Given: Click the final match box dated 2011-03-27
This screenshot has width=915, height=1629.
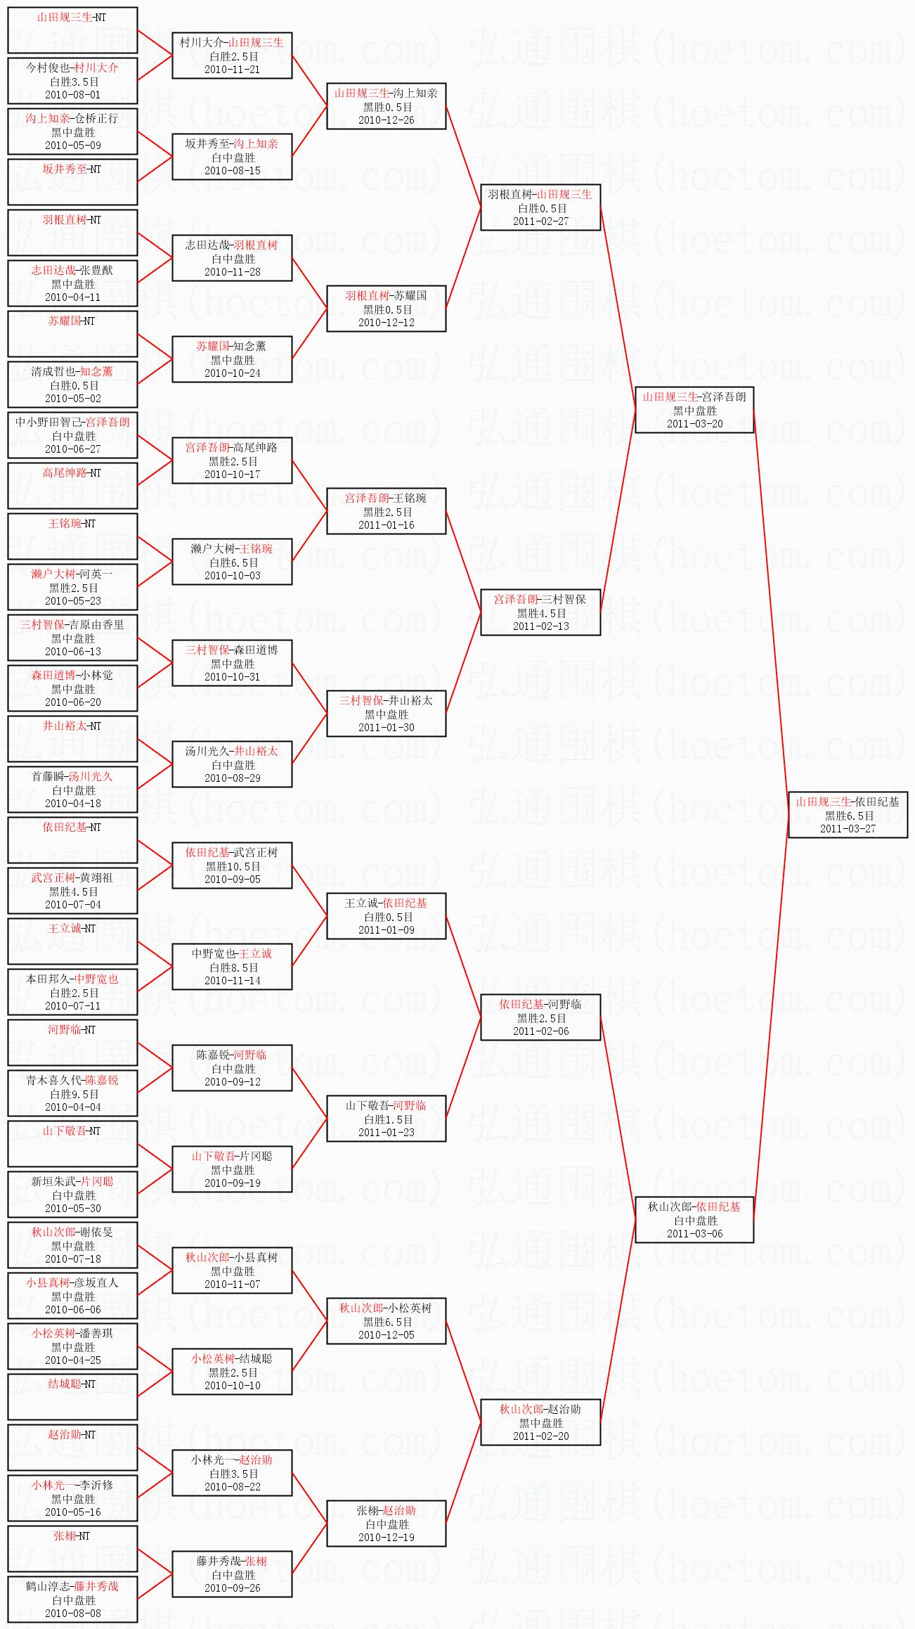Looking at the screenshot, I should click(x=848, y=815).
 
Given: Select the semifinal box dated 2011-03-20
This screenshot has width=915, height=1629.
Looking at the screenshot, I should click(x=694, y=410).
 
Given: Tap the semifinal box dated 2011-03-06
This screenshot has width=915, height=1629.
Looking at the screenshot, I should click(x=694, y=1220).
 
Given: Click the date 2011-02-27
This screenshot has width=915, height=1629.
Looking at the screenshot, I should click(x=540, y=221).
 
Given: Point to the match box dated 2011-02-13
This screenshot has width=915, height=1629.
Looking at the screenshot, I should click(x=540, y=612).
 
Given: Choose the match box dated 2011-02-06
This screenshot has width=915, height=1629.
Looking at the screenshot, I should click(x=540, y=1017).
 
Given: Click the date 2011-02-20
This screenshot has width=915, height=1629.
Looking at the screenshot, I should click(x=540, y=1436).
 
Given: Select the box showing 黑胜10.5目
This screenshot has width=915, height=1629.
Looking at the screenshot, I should click(x=232, y=865).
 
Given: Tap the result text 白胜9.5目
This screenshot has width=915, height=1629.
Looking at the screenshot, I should click(x=73, y=1094).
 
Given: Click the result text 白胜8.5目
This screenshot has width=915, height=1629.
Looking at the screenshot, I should click(x=232, y=967).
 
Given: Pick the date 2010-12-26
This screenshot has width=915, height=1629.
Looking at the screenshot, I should click(x=386, y=120).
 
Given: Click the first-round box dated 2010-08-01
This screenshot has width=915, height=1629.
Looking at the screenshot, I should click(x=72, y=81).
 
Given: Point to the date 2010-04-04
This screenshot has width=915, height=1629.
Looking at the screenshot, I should click(x=72, y=1107).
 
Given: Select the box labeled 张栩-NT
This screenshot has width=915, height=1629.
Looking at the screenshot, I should click(x=72, y=1548).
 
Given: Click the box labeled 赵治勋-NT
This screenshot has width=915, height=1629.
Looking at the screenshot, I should click(x=72, y=1447).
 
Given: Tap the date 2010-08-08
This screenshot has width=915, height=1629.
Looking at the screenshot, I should click(x=72, y=1614).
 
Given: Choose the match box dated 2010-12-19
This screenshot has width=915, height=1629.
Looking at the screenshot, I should click(x=386, y=1524).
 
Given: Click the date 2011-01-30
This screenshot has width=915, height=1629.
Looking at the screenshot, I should click(x=386, y=728).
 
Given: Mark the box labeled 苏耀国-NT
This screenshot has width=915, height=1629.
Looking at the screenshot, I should click(x=72, y=333).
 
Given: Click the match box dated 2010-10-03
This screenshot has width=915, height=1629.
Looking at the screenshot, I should click(x=232, y=562).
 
